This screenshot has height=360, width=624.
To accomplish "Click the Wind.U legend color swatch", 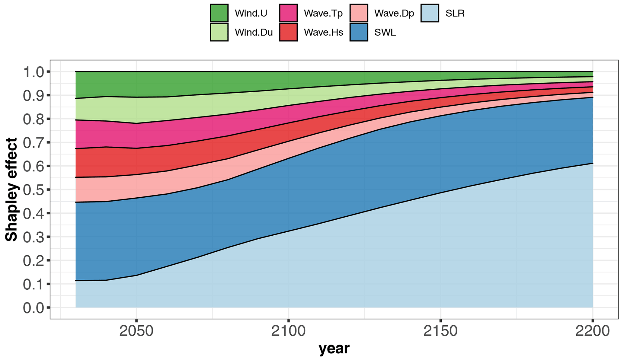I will pyautogui.click(x=219, y=13).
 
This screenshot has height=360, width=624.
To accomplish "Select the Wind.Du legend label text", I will pyautogui.click(x=254, y=32).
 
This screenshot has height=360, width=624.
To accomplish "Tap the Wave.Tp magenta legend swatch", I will pyautogui.click(x=288, y=13).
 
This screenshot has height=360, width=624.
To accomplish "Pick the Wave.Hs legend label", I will pyautogui.click(x=323, y=32).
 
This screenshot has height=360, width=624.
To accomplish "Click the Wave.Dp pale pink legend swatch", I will pyautogui.click(x=359, y=13).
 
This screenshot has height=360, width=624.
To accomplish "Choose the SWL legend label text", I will pyautogui.click(x=385, y=32).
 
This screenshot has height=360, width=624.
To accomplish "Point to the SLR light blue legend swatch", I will pyautogui.click(x=430, y=13).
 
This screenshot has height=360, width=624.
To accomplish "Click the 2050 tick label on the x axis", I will pyautogui.click(x=136, y=331).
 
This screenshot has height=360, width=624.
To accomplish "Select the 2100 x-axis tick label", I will pyautogui.click(x=288, y=331).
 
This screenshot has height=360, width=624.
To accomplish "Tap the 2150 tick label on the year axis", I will pyautogui.click(x=440, y=331).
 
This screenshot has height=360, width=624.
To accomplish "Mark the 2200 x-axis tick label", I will pyautogui.click(x=592, y=331).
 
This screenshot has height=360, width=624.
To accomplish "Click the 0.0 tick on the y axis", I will pyautogui.click(x=33, y=308).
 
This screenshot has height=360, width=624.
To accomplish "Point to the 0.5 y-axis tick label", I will pyautogui.click(x=33, y=190).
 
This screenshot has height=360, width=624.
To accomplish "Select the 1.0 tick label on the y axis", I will pyautogui.click(x=33, y=72).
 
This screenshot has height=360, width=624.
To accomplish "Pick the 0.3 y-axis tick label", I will pyautogui.click(x=33, y=237).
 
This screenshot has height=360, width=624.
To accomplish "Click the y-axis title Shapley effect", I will pyautogui.click(x=11, y=190).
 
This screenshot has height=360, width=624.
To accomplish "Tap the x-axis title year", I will pyautogui.click(x=334, y=349).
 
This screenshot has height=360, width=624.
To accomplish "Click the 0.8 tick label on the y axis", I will pyautogui.click(x=33, y=119).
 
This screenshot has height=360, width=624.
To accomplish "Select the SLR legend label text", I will pyautogui.click(x=455, y=13).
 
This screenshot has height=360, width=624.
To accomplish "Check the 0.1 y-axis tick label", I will pyautogui.click(x=33, y=284).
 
